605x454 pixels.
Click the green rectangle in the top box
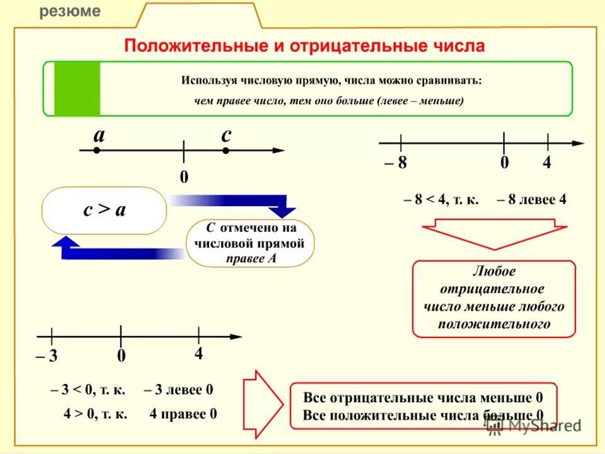pos(77,88)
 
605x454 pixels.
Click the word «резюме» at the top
pos(70,11)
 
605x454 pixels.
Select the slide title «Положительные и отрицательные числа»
pos(304,46)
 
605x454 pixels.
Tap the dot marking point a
pos(96,151)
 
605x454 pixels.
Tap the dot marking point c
pos(226,151)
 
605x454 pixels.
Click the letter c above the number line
pos(226,134)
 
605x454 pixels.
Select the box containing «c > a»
pos(105,210)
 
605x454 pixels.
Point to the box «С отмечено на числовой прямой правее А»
pos(250,243)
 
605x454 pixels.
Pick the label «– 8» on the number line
pos(395,163)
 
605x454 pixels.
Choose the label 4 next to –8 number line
pos(546,163)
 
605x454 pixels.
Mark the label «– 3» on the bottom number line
pos(47,356)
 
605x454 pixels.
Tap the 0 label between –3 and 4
pos(121,356)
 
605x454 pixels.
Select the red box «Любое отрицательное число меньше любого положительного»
pos(493,298)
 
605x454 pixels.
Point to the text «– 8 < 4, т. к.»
pos(441,200)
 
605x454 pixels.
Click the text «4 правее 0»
pos(183,414)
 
